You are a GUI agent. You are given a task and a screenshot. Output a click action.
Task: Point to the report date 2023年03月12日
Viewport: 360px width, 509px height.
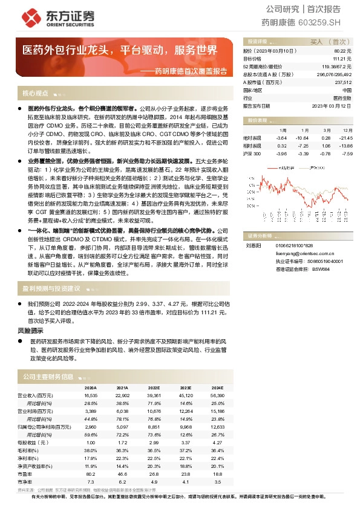coord(332,105)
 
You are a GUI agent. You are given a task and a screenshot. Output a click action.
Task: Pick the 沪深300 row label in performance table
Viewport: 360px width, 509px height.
coord(252,154)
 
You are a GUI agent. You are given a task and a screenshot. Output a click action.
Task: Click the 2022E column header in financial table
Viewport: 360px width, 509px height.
coord(154,387)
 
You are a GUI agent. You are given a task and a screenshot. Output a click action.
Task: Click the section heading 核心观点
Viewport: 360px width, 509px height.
coord(35,94)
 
